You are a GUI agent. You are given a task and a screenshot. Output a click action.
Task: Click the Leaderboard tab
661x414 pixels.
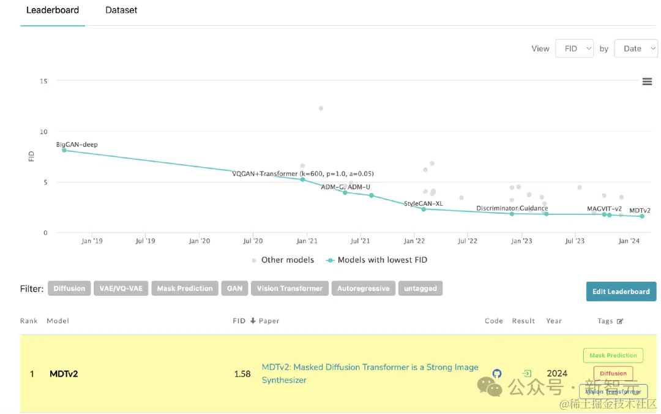(x=53, y=10)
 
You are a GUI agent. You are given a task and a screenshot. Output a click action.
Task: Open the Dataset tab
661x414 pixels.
(x=121, y=10)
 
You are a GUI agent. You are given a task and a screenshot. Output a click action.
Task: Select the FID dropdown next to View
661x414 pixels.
(x=574, y=49)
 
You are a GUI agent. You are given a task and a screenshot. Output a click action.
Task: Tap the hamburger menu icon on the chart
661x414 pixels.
(x=647, y=82)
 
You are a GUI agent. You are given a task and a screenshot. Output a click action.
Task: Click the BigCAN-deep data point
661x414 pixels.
(x=64, y=150)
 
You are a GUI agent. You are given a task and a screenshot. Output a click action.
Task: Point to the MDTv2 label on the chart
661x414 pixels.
(x=640, y=211)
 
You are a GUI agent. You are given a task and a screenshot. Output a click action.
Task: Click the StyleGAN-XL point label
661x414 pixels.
(x=423, y=203)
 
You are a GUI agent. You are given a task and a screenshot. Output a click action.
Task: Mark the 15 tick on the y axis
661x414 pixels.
(x=43, y=81)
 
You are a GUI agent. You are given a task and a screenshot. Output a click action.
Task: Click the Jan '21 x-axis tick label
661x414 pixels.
(x=307, y=241)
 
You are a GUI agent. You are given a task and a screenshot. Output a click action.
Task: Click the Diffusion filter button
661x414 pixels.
(x=69, y=288)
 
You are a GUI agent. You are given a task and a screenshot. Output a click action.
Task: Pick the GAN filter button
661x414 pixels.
(x=235, y=288)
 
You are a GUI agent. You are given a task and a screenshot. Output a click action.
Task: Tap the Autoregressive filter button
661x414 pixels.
(x=364, y=288)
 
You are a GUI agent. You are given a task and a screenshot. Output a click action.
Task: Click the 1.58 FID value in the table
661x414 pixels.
(x=242, y=374)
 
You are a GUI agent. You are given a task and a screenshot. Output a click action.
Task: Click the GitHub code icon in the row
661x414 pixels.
(x=497, y=374)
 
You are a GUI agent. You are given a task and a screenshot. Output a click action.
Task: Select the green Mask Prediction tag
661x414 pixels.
(x=613, y=355)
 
